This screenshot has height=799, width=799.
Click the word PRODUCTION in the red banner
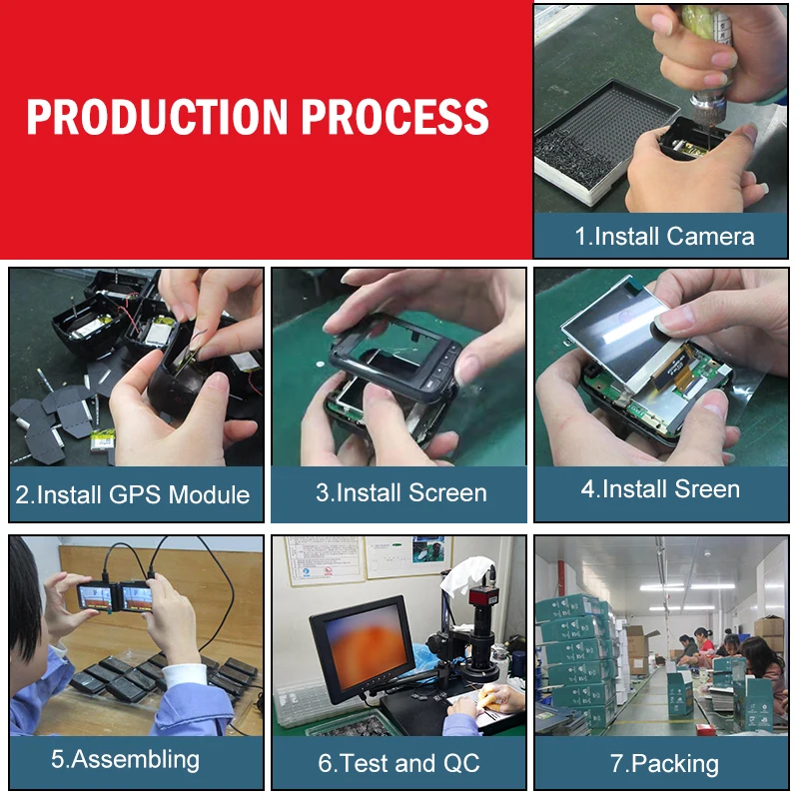(158, 117)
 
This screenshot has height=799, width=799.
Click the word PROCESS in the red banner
(395, 117)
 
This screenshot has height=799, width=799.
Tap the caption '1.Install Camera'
(664, 237)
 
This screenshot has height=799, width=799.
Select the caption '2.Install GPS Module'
(133, 494)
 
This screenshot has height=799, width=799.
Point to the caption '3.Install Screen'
(401, 492)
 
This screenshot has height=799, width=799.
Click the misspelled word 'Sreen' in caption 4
(707, 489)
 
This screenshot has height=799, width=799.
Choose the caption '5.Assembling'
(126, 760)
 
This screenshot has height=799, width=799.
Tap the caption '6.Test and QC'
(399, 763)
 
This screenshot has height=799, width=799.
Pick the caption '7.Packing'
(664, 764)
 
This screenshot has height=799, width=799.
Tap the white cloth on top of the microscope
(466, 575)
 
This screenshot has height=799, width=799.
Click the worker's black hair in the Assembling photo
(23, 596)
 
